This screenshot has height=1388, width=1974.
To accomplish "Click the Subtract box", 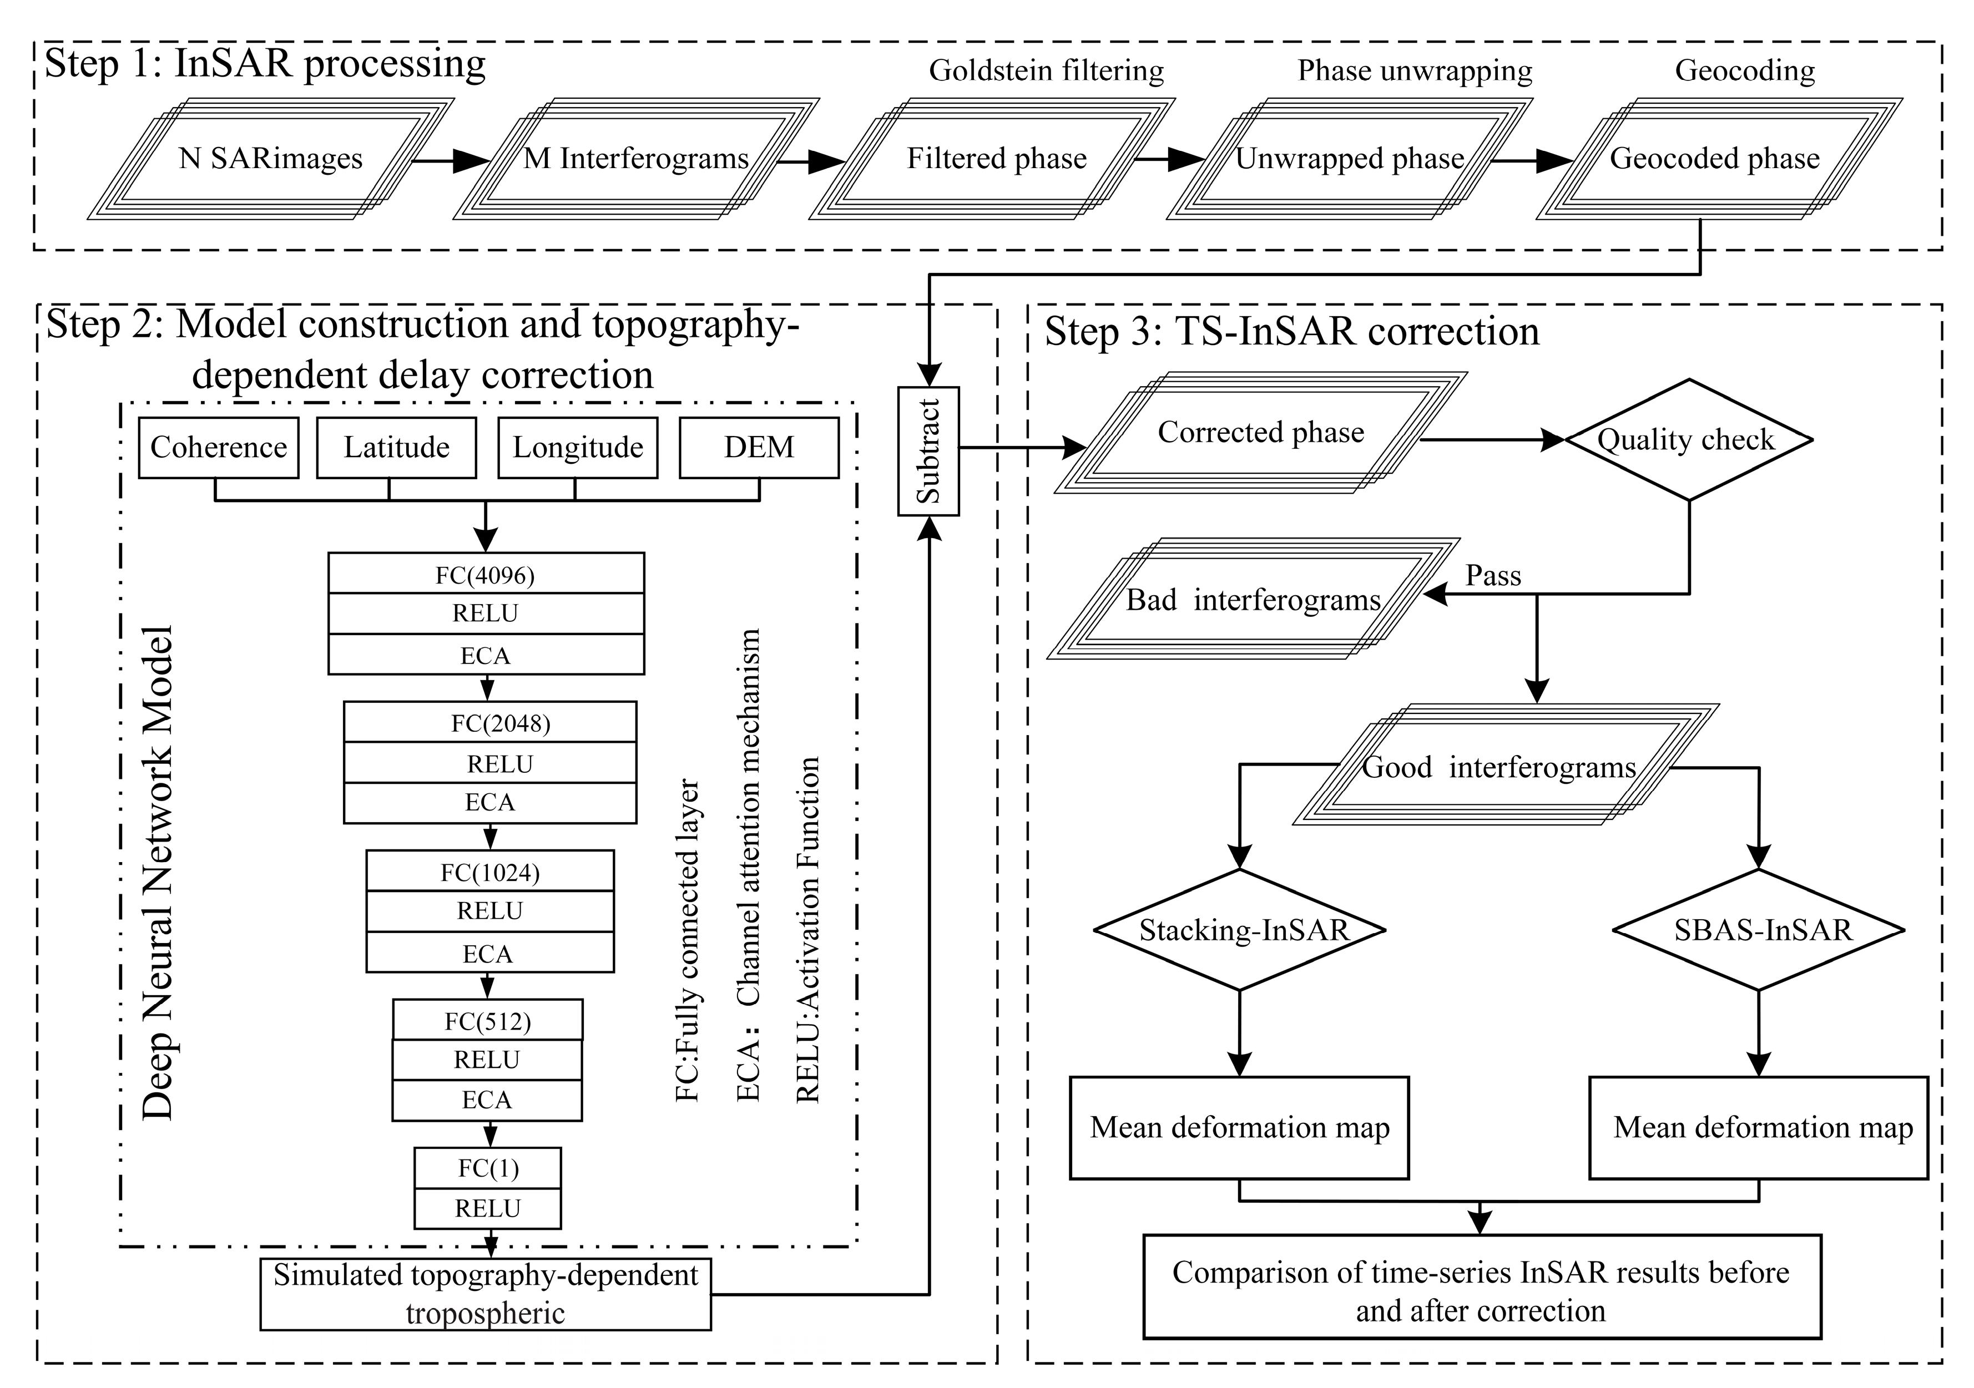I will [928, 451].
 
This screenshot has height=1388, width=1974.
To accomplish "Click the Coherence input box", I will [219, 447].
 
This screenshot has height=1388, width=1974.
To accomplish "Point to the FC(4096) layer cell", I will [486, 574].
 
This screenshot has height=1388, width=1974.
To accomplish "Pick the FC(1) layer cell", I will [487, 1168].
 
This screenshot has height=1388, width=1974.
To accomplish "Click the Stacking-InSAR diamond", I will [1240, 930].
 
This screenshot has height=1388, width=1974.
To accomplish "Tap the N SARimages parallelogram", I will [270, 159].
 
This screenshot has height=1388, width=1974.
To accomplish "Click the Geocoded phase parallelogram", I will [1715, 159].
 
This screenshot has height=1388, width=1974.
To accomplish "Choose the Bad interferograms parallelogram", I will [1253, 600].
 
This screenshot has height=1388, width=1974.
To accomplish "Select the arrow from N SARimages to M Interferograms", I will [451, 161].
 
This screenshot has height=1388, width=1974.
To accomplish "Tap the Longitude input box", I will [578, 447].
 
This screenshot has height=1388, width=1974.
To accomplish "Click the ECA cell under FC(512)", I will [487, 1100].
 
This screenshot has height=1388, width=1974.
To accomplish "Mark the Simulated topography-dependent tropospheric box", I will [486, 1294].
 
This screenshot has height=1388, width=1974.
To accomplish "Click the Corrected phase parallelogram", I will [1260, 432].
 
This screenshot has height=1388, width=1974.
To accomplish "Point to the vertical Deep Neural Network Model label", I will [158, 872].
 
